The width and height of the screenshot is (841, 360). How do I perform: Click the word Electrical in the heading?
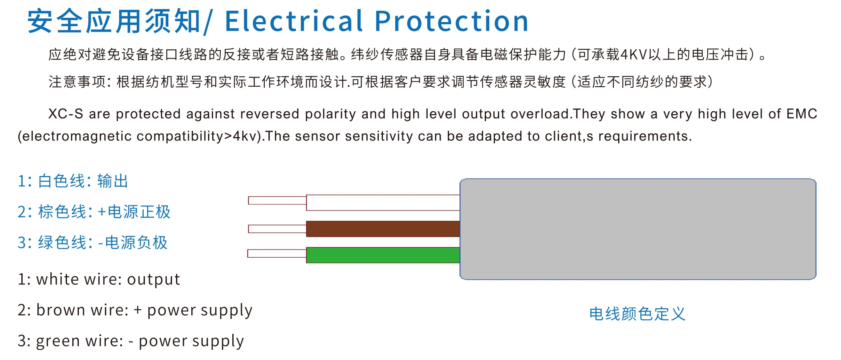[294, 21]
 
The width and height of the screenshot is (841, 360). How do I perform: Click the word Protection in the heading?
[452, 21]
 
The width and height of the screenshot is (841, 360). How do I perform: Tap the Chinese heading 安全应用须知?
[114, 21]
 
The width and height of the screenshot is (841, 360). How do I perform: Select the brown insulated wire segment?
[383, 229]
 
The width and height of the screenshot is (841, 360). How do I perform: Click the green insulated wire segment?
[383, 255]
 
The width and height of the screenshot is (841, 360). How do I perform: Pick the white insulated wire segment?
[383, 203]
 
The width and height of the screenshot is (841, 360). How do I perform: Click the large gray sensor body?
[638, 229]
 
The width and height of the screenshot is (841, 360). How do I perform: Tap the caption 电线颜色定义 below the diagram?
[637, 314]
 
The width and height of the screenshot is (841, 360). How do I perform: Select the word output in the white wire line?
[154, 280]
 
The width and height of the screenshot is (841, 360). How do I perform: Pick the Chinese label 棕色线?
[62, 212]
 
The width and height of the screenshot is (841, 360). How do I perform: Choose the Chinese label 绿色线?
[62, 243]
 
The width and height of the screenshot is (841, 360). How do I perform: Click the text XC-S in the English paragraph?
[66, 114]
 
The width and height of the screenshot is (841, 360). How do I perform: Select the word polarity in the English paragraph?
[330, 114]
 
